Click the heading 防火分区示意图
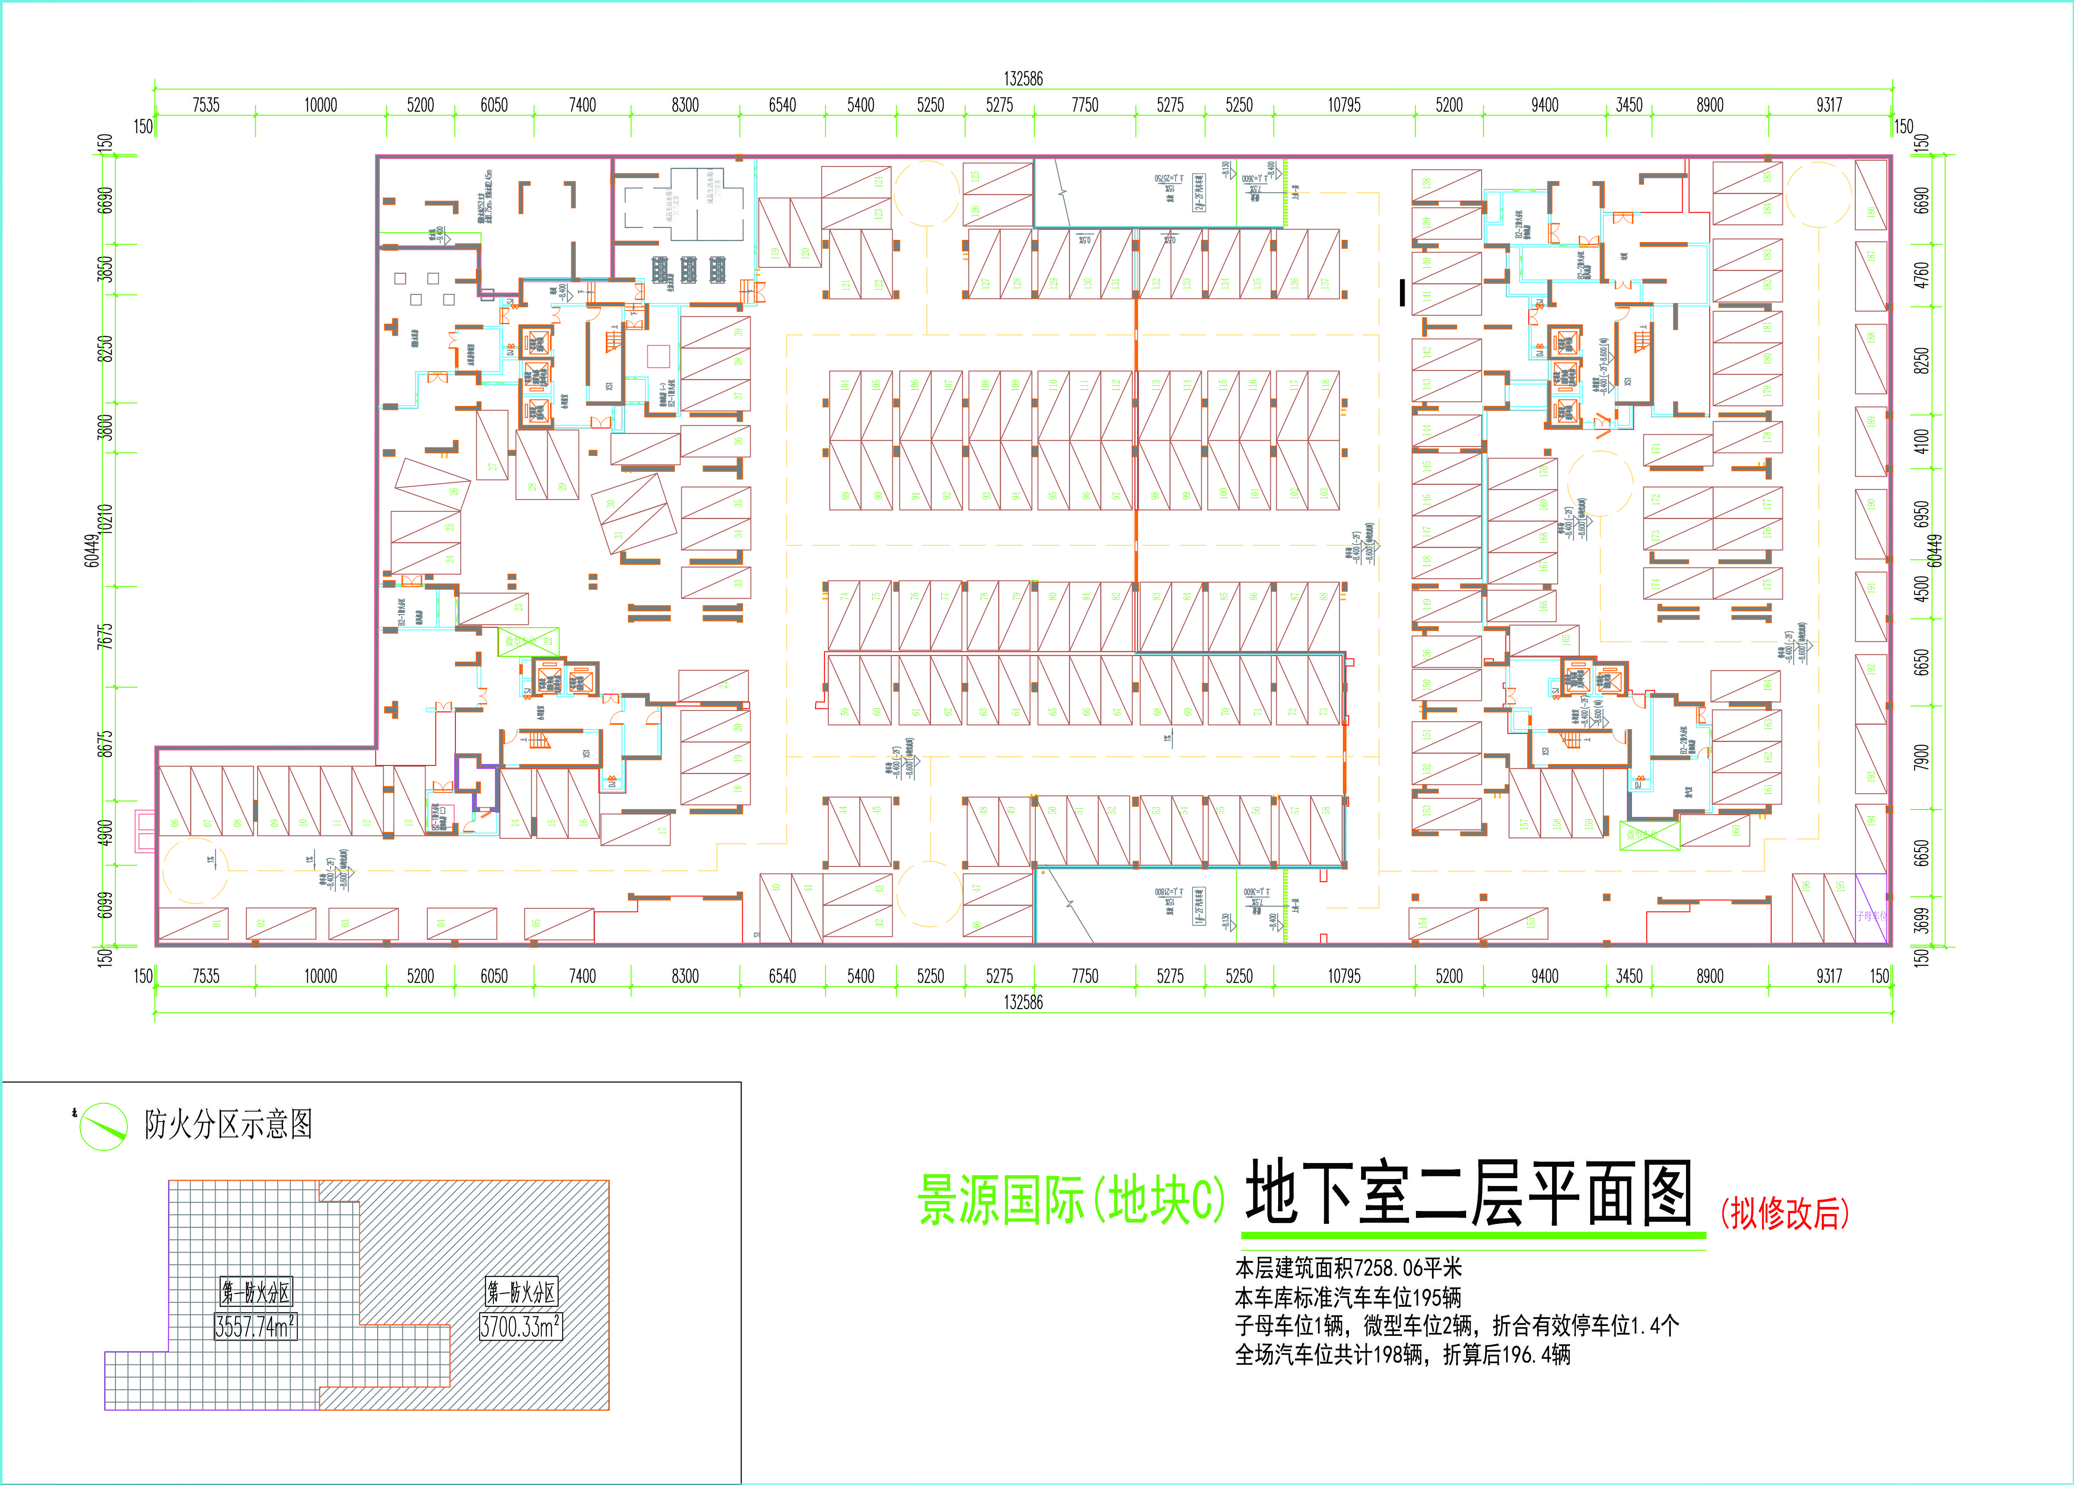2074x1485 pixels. coord(229,1124)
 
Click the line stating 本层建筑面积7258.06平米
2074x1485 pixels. coord(1348,1268)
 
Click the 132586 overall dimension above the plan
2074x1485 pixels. coord(1023,79)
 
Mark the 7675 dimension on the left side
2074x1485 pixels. coord(106,637)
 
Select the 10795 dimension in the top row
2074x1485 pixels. coord(1344,105)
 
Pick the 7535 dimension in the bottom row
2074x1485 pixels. coord(206,976)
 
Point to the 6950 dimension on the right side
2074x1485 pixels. coord(1921,513)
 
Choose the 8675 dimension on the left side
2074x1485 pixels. coord(106,743)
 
